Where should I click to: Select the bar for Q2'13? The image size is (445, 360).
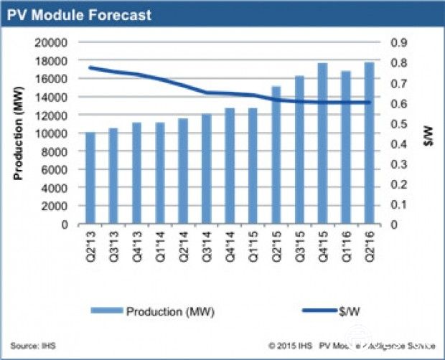(90, 179)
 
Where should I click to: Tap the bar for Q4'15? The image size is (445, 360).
(322, 144)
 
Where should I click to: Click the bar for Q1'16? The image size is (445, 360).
(345, 148)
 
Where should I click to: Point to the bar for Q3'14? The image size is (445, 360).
(206, 169)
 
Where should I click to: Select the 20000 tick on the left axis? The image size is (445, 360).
(52, 42)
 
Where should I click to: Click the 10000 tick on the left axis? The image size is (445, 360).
(52, 133)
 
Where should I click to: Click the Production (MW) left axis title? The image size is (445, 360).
(17, 133)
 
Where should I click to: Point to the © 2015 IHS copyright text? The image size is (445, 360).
(293, 345)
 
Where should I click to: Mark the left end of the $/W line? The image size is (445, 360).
(90, 68)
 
